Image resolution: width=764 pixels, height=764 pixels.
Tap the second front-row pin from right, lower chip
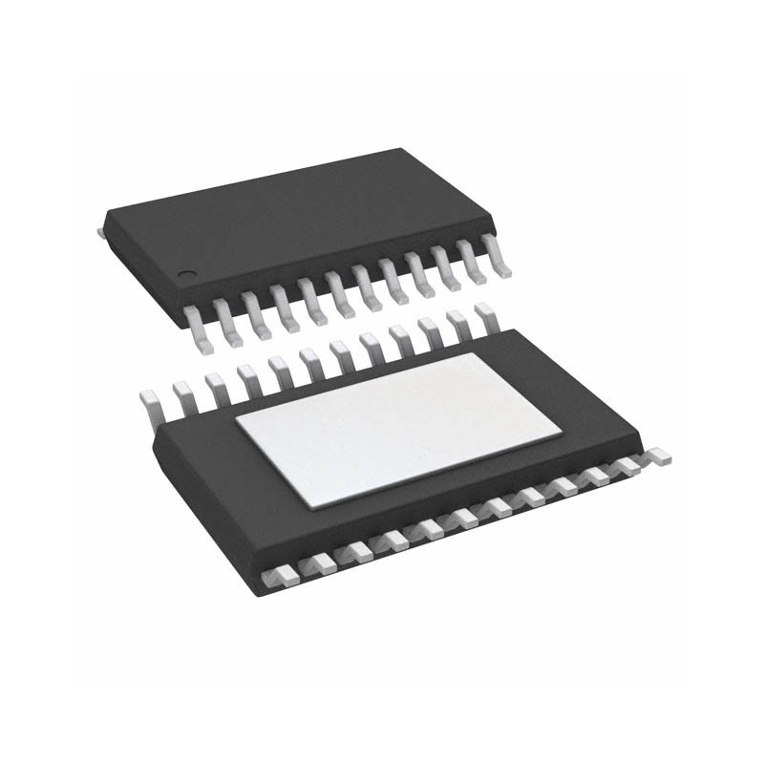[629, 466]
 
